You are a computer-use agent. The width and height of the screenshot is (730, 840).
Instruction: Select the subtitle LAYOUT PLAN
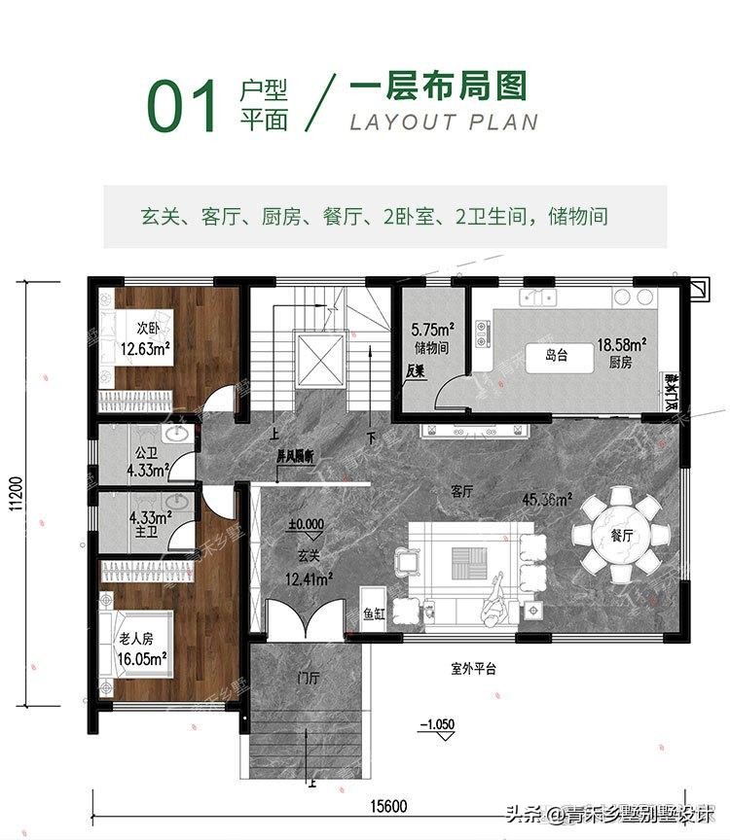(x=443, y=122)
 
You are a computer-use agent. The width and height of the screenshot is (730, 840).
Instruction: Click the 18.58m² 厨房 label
(x=623, y=352)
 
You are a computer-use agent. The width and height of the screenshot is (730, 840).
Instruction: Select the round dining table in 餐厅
(x=621, y=536)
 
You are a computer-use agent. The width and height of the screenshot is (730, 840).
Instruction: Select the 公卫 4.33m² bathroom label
(x=147, y=461)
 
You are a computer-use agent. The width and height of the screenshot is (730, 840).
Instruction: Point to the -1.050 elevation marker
(x=436, y=725)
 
